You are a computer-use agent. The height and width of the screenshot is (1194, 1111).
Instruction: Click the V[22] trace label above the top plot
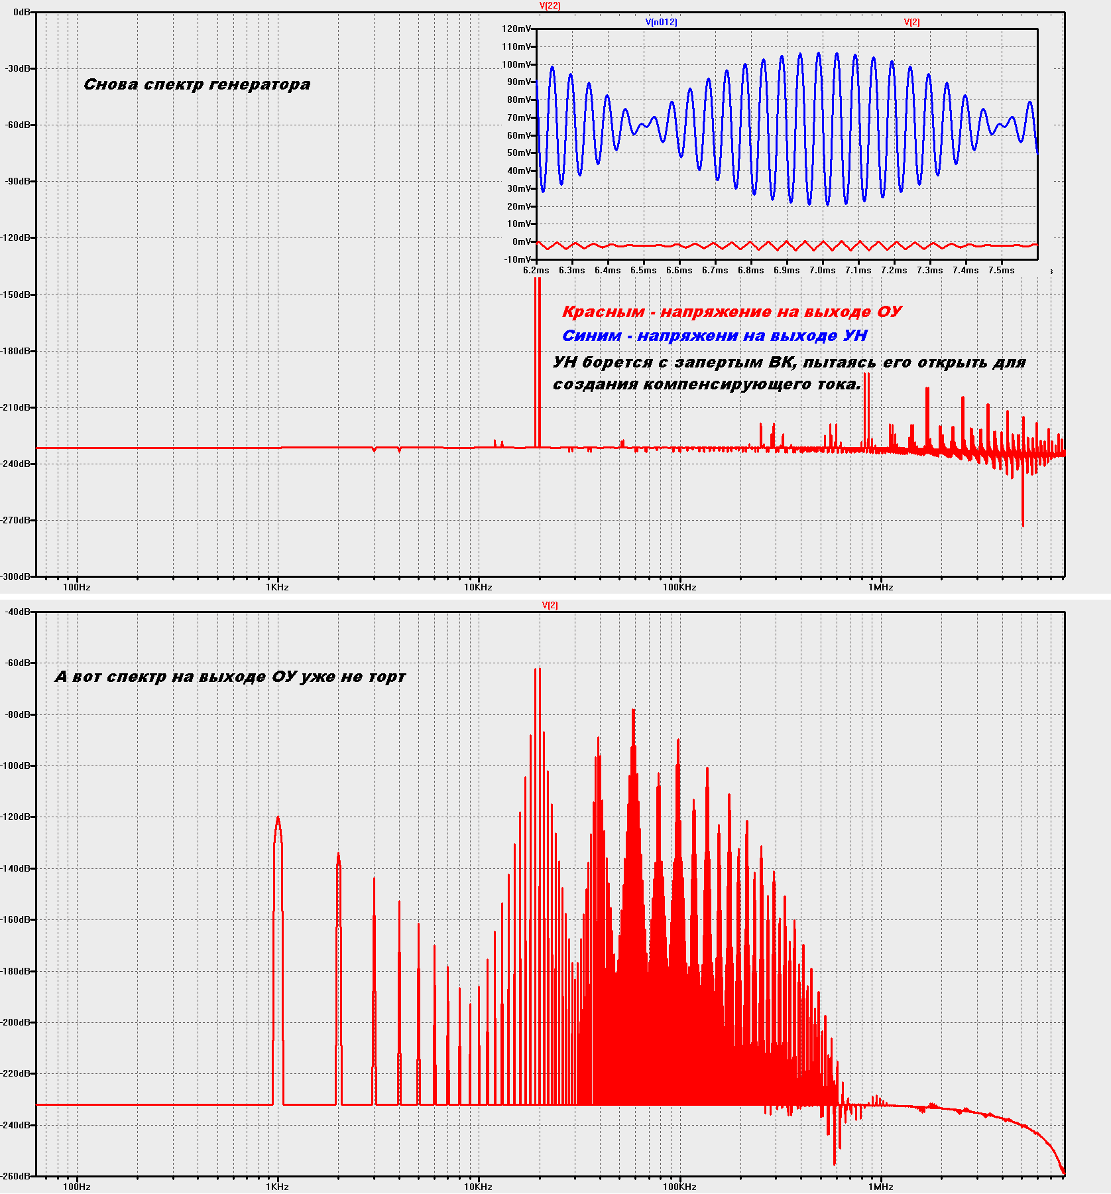(550, 6)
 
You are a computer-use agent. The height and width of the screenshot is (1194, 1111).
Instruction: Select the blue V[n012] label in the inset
(662, 23)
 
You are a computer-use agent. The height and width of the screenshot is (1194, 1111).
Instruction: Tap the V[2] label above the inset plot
(911, 23)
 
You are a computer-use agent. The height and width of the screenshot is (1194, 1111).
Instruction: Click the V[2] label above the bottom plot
(550, 606)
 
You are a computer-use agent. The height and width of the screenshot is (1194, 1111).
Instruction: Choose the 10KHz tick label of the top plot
(478, 587)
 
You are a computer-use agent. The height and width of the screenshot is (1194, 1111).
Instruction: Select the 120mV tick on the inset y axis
(516, 29)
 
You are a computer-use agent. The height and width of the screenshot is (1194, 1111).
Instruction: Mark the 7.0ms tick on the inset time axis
(822, 271)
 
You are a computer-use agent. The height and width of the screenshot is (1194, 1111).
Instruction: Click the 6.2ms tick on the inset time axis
(536, 271)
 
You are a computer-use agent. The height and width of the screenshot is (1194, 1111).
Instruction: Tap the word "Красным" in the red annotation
(603, 312)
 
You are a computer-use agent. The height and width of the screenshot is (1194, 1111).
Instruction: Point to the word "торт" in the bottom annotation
(387, 677)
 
